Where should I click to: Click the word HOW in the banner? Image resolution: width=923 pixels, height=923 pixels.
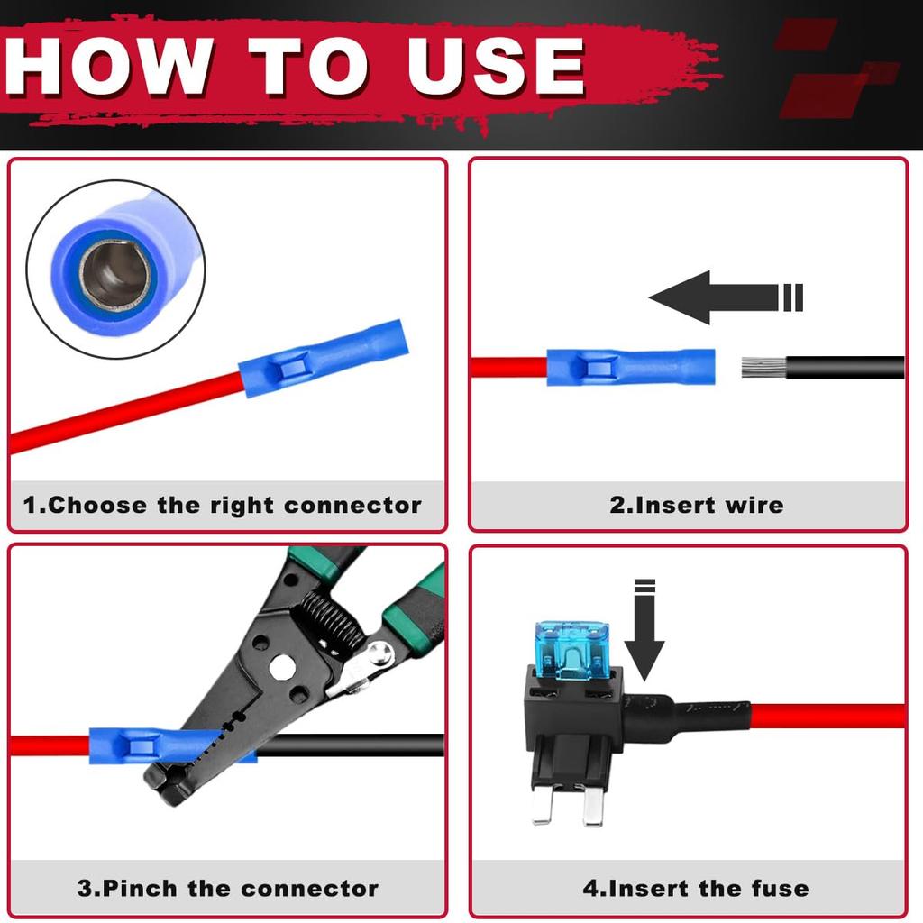point(109,65)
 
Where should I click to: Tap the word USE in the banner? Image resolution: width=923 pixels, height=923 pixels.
point(497,65)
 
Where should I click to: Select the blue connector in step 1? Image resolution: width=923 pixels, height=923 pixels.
point(324,358)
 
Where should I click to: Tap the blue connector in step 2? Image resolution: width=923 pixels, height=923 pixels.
point(631,368)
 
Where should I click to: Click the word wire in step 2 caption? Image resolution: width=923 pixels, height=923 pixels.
point(754,505)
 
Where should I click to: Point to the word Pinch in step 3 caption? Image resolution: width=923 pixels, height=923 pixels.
point(140,888)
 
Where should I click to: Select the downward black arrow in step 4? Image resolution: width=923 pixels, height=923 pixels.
point(644,630)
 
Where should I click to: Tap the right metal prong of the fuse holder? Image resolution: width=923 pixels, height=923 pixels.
point(593,805)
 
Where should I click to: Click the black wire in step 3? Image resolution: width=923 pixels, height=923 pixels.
point(351,745)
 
